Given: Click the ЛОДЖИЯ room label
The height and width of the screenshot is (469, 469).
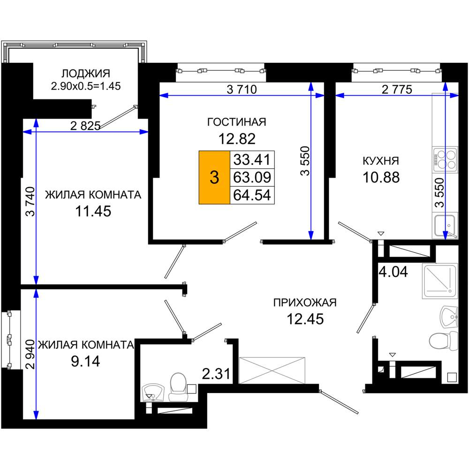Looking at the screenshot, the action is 86,73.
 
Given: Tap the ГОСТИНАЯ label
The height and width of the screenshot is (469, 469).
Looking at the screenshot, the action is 236,122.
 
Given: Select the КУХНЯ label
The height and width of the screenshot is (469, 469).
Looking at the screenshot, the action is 381,161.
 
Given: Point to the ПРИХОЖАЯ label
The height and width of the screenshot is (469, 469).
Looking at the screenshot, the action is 305,303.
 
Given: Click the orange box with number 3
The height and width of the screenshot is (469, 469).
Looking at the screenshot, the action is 214,177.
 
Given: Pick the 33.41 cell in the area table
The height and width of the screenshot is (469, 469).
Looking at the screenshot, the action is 252,159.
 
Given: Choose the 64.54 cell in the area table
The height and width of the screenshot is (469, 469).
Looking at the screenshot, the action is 252,195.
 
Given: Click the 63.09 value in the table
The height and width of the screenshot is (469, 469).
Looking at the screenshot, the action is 252,177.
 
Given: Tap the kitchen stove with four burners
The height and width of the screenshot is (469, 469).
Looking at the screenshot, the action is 445,159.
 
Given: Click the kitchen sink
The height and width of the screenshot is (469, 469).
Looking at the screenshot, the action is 445,226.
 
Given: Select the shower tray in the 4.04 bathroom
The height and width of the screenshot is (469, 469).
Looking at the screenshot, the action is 440,281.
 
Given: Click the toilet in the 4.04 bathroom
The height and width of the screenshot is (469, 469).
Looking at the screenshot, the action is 443,340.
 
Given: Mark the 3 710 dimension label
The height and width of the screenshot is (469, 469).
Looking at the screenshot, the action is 242,89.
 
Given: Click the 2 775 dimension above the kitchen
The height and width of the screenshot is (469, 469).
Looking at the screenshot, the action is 397,89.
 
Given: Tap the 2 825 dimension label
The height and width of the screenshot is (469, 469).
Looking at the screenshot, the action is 85,126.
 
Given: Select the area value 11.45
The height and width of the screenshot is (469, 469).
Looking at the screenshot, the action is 93,211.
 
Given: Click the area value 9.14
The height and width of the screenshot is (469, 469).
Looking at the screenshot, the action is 85,361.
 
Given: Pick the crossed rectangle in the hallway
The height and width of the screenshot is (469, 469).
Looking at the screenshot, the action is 272,370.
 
